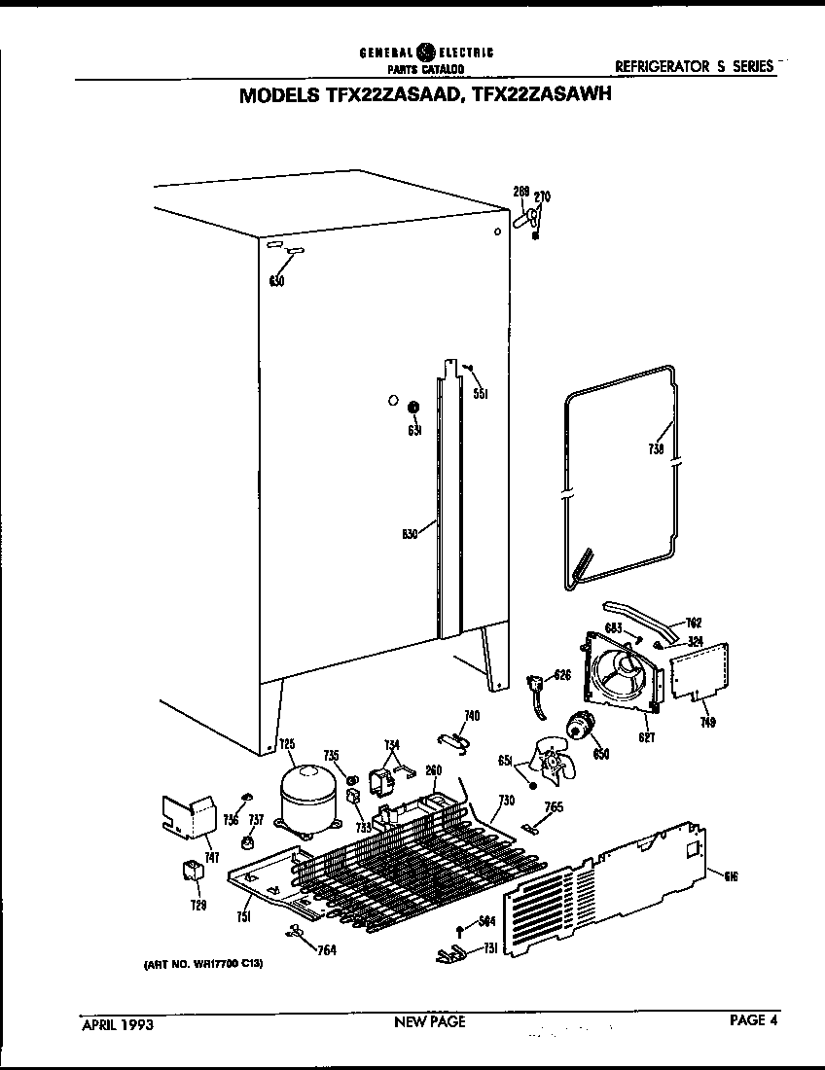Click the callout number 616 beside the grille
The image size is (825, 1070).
[x=731, y=875]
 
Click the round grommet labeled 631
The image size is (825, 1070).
[x=412, y=407]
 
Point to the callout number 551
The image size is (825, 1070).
[x=480, y=393]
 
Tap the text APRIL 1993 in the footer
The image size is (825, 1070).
[x=116, y=1023]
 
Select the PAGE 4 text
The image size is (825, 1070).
[x=754, y=1020]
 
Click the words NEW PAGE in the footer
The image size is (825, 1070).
[x=429, y=1021]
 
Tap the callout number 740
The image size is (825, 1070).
[x=472, y=716]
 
